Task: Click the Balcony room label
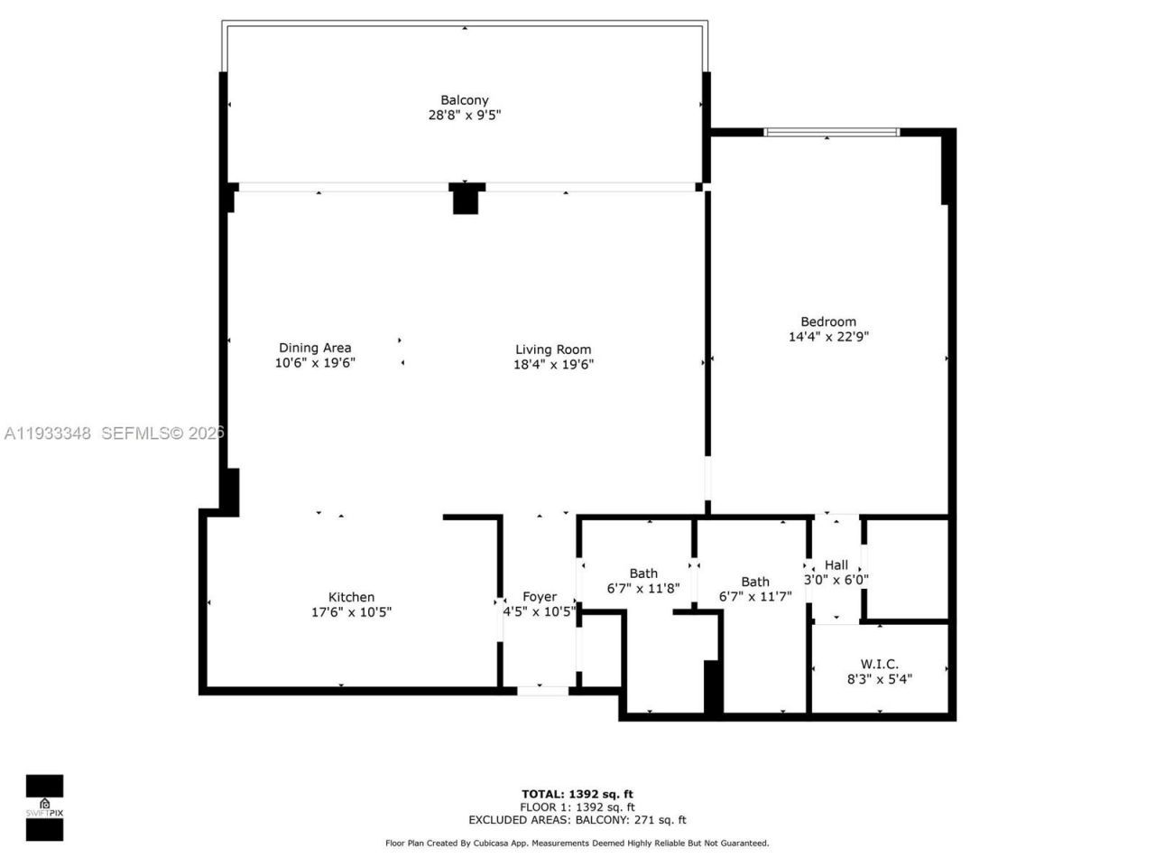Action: [x=465, y=100]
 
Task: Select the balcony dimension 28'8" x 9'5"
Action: [x=465, y=116]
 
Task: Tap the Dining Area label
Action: [x=315, y=348]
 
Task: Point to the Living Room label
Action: [x=553, y=350]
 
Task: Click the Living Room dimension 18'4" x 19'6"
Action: [x=553, y=365]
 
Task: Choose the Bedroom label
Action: [x=828, y=322]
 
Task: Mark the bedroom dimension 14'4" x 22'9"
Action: [x=828, y=337]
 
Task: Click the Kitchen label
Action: [x=351, y=597]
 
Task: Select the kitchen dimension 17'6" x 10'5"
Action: [x=351, y=612]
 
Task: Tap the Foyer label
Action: [x=540, y=597]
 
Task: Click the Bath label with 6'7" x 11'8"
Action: [x=643, y=573]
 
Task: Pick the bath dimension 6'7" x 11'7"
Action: [x=755, y=597]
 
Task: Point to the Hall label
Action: [x=836, y=565]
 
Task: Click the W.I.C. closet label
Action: [x=879, y=664]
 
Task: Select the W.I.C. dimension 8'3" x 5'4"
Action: [x=879, y=679]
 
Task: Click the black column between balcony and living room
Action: [x=465, y=199]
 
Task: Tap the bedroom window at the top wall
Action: [x=831, y=133]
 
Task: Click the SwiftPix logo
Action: [x=44, y=807]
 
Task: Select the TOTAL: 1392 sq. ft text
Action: [x=577, y=795]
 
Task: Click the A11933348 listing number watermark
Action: [x=48, y=433]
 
